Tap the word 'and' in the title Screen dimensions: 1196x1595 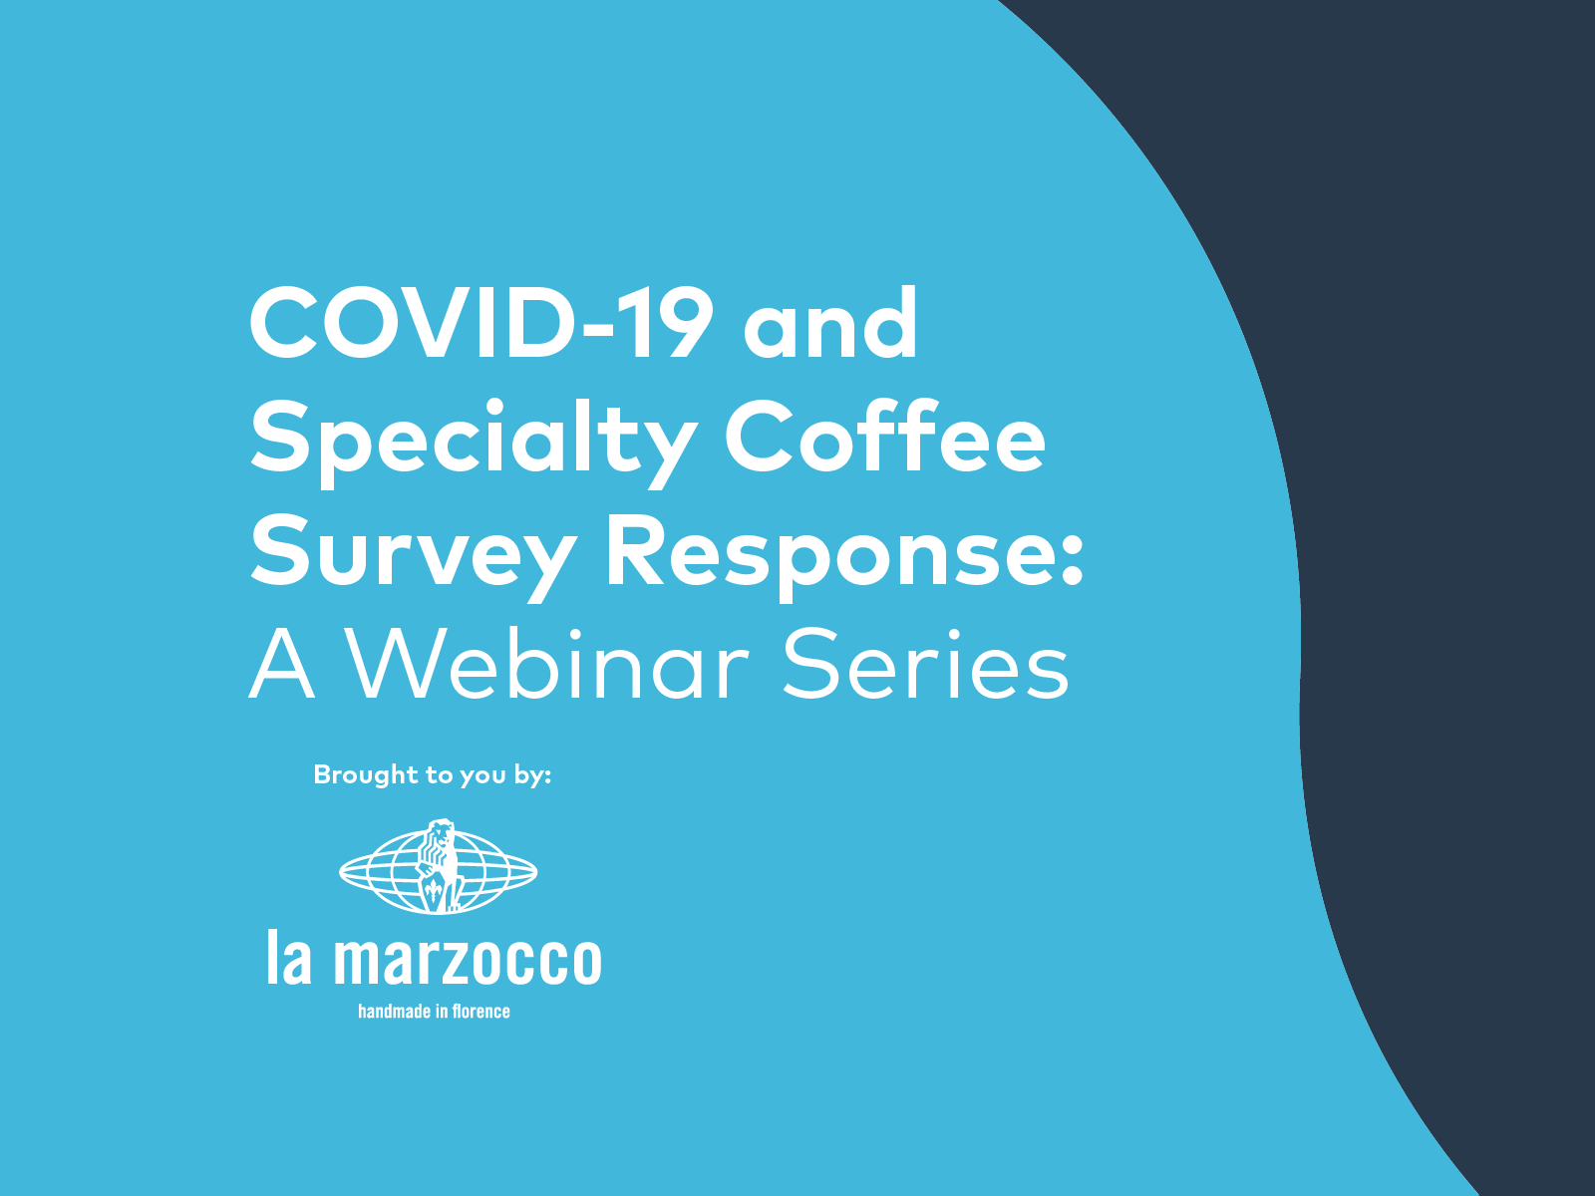829,325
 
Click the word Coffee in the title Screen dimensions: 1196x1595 884,439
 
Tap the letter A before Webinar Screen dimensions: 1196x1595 282,666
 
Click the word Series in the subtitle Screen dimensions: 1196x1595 925,666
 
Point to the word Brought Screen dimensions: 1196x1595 366,774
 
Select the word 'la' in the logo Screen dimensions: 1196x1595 289,958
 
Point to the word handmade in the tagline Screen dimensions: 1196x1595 394,1012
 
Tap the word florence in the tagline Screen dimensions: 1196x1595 480,1012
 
